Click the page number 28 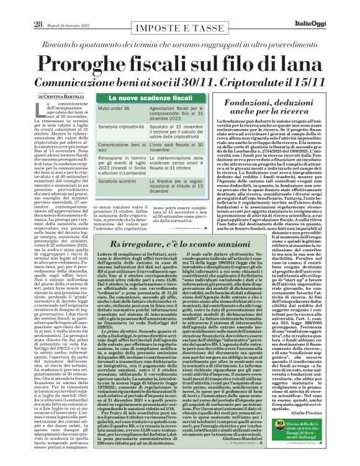pos(37,8)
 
